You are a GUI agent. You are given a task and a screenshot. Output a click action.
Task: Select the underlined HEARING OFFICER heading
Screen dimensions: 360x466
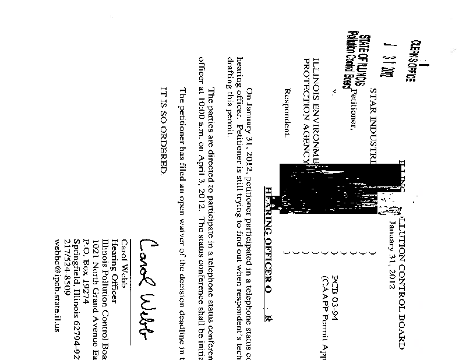269,227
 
